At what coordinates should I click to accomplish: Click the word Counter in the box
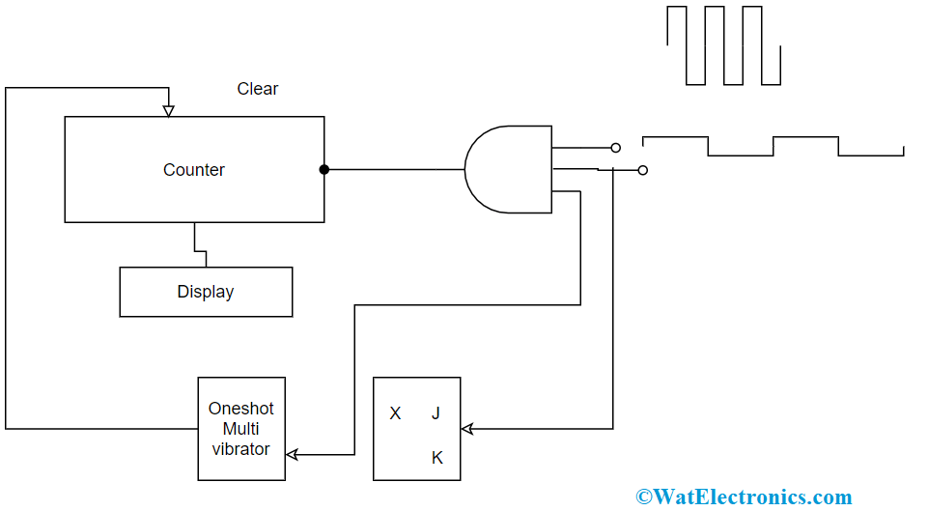(x=193, y=170)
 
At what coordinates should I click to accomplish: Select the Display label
(x=206, y=292)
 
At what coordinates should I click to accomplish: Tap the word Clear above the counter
(x=258, y=89)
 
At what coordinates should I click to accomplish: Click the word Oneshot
(x=240, y=409)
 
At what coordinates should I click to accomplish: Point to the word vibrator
(x=240, y=449)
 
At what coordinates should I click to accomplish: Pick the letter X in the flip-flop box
(x=395, y=413)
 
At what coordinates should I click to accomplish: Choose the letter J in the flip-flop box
(x=436, y=413)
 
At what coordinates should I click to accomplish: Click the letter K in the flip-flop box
(x=437, y=458)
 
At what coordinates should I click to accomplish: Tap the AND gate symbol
(x=508, y=169)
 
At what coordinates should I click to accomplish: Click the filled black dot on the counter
(x=324, y=170)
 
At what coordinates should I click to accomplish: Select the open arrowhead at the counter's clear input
(x=169, y=111)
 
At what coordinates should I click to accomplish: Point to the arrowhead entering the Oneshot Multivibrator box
(x=292, y=455)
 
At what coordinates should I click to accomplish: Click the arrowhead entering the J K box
(x=467, y=429)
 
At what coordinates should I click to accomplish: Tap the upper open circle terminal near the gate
(x=615, y=148)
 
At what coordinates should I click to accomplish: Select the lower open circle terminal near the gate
(x=643, y=171)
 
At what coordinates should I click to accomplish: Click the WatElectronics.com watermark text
(x=744, y=497)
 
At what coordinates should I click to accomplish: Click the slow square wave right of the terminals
(x=773, y=146)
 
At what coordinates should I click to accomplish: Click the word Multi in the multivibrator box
(x=240, y=429)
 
